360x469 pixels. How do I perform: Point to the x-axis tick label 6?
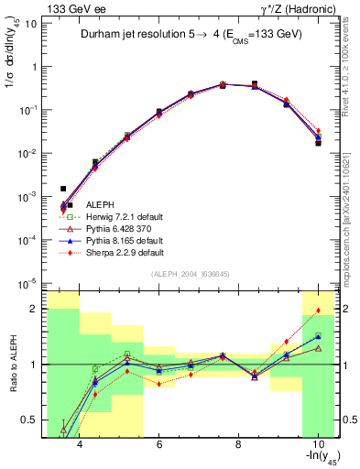point(159,445)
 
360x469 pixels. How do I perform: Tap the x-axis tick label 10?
point(317,445)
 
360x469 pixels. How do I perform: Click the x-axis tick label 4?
point(81,445)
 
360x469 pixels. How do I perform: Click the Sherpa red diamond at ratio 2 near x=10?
point(318,311)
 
